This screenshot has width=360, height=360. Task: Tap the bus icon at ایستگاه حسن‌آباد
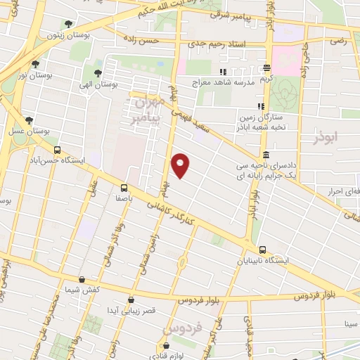57,149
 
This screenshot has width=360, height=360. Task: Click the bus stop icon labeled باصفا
124,188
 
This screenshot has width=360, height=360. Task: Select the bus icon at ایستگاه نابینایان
262,249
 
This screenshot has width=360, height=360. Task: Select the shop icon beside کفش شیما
82,280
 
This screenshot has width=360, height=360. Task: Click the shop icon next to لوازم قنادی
166,345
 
